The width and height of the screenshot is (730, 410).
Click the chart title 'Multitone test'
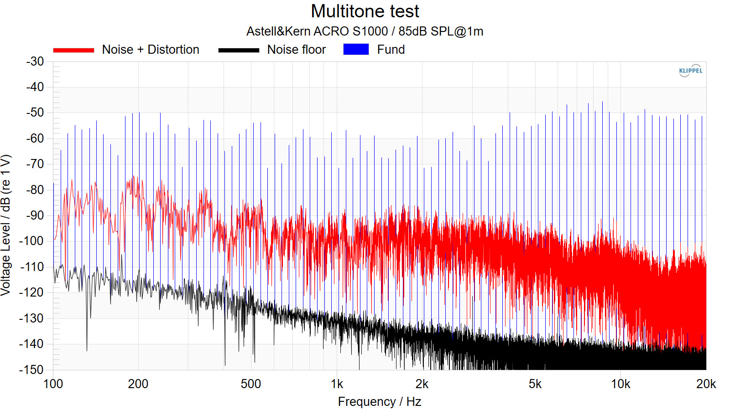click(x=365, y=11)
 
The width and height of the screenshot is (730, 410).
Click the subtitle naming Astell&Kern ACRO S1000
click(x=365, y=31)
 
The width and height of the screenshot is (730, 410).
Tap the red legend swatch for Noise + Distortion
click(x=73, y=50)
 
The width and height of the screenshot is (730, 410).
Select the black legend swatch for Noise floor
click(x=239, y=50)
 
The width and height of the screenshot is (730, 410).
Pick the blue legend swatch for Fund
click(x=356, y=50)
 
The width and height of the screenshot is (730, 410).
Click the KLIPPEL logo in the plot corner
click(x=690, y=71)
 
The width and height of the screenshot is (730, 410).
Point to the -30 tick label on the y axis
click(x=35, y=61)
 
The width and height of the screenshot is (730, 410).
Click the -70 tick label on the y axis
click(x=35, y=164)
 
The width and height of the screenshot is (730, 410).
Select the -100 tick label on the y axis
click(x=32, y=241)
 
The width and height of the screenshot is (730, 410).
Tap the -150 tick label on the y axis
click(x=32, y=369)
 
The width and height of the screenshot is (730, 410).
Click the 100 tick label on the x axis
click(x=53, y=384)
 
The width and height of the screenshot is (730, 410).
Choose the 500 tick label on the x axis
click(x=250, y=384)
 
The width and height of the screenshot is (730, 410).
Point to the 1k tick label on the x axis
click(x=337, y=384)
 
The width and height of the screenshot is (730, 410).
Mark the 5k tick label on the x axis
click(x=535, y=384)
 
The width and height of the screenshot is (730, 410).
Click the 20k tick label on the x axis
click(x=706, y=384)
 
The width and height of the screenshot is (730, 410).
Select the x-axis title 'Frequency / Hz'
click(x=379, y=402)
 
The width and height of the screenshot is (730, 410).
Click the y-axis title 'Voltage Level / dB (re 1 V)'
click(x=6, y=225)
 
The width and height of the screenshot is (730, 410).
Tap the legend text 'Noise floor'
click(x=297, y=50)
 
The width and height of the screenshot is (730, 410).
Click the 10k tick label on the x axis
click(x=620, y=384)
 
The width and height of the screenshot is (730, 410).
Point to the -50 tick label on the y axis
click(x=35, y=113)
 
